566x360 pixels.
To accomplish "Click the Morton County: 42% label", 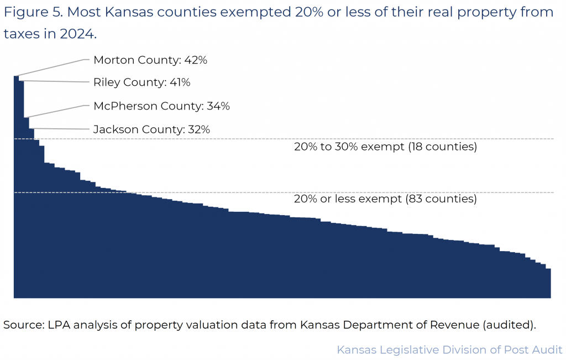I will [x=150, y=60].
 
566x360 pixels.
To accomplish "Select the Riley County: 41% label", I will [x=141, y=83].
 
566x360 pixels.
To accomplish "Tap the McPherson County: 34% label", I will [x=161, y=106].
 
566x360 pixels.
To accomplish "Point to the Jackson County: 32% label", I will [x=151, y=129].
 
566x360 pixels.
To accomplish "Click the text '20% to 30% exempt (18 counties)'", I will [x=385, y=148].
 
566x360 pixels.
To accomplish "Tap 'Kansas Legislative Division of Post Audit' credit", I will [x=449, y=350].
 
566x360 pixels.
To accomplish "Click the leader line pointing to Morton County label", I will [x=53, y=67].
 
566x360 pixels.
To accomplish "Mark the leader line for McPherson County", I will [x=55, y=111].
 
